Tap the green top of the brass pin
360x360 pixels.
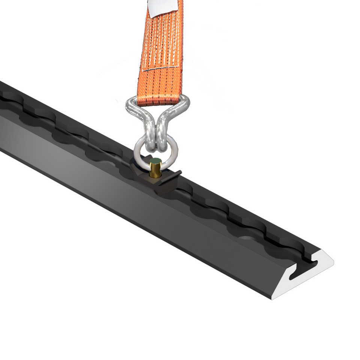click(x=156, y=162)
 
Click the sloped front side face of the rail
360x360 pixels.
click(x=150, y=210)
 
